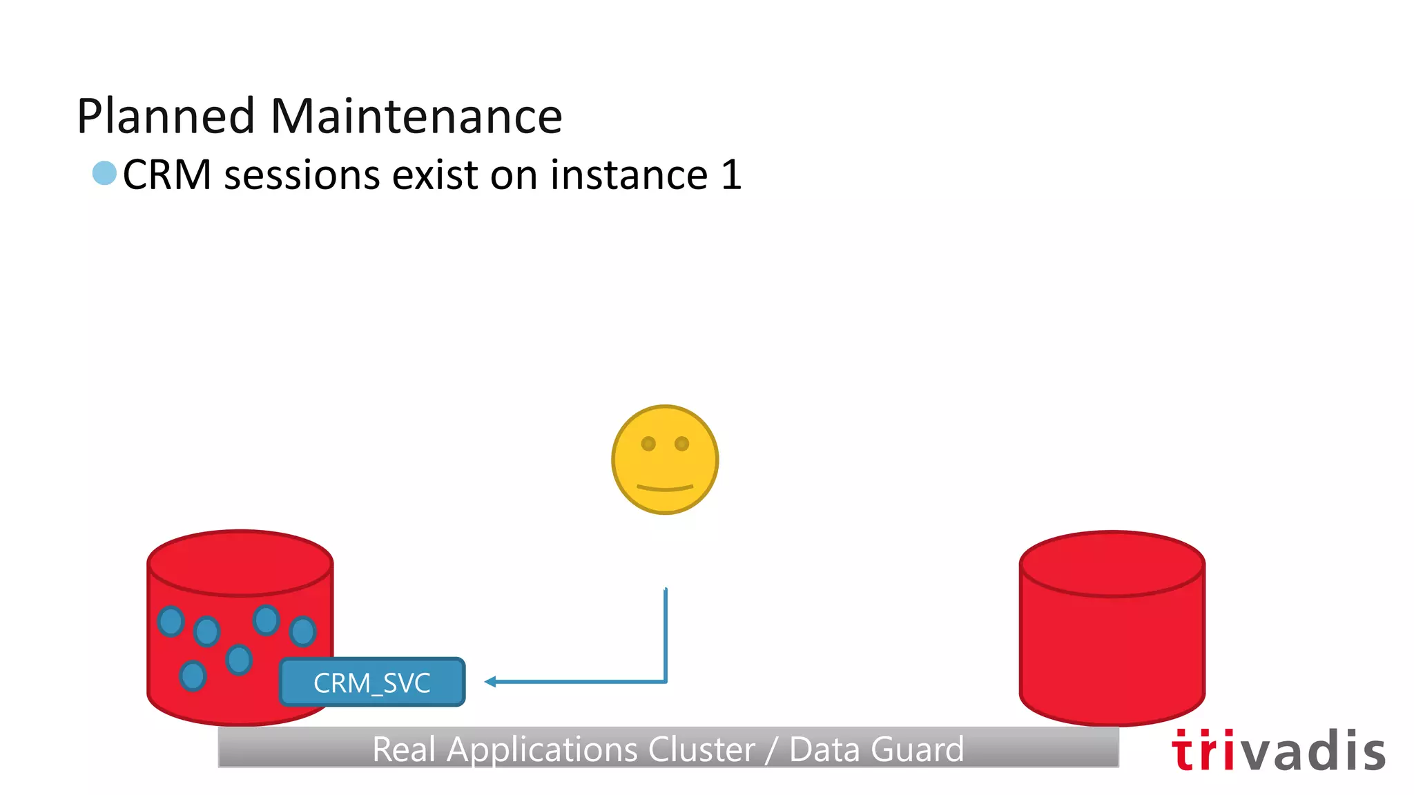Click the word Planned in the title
pyautogui.click(x=166, y=116)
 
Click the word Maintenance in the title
pyautogui.click(x=416, y=116)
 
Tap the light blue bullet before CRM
pyautogui.click(x=104, y=173)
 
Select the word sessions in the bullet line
pyautogui.click(x=302, y=175)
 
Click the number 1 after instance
pyautogui.click(x=730, y=175)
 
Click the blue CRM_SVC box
pyautogui.click(x=372, y=682)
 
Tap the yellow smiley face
pyautogui.click(x=665, y=460)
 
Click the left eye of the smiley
pyautogui.click(x=648, y=444)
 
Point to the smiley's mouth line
pyautogui.click(x=665, y=489)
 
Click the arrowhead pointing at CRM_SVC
pyautogui.click(x=490, y=682)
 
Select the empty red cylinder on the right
pyautogui.click(x=1112, y=642)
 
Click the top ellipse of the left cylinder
pyautogui.click(x=240, y=562)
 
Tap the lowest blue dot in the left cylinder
pyautogui.click(x=193, y=675)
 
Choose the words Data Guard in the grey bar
pyautogui.click(x=876, y=749)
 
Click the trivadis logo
pyautogui.click(x=1278, y=750)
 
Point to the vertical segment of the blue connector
pyautogui.click(x=666, y=635)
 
